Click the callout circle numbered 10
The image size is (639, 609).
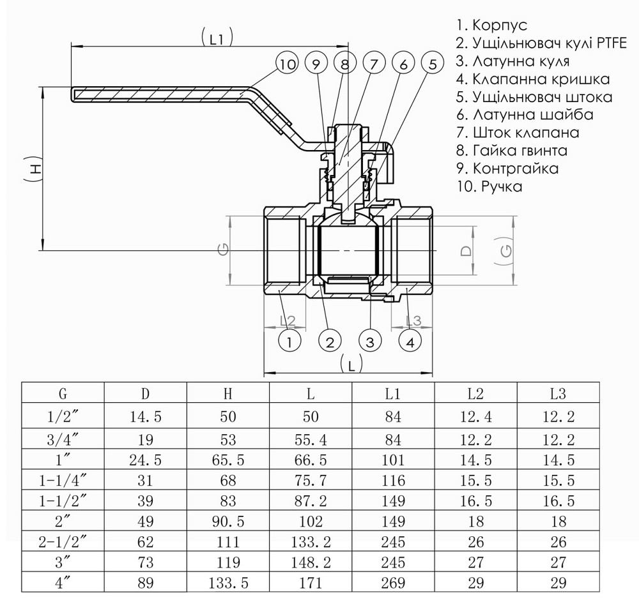coord(288,64)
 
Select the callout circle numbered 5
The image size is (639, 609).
coord(433,64)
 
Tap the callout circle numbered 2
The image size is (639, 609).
coord(330,342)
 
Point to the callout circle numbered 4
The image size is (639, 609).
coord(410,342)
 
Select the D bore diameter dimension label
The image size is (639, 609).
coord(466,250)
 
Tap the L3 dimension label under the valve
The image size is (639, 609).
coord(413,320)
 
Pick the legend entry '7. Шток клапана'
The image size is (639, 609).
coord(518,133)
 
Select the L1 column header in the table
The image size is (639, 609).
coord(393,393)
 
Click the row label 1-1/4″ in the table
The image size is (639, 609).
coord(63,479)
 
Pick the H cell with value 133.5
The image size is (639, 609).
coord(227,583)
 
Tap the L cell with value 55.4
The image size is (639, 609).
coord(311,440)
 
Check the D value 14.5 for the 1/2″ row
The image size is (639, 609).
coord(145,417)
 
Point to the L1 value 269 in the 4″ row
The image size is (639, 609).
coord(393,583)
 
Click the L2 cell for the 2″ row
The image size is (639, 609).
coord(475,522)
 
